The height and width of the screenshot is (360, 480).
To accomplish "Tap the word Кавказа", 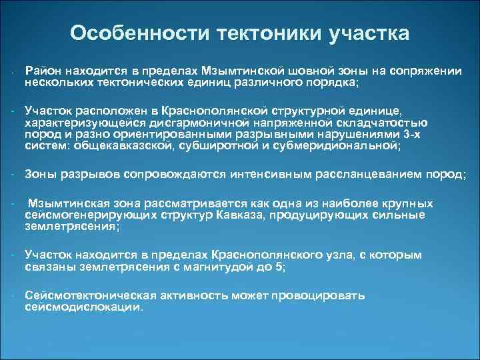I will coord(277,216).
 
